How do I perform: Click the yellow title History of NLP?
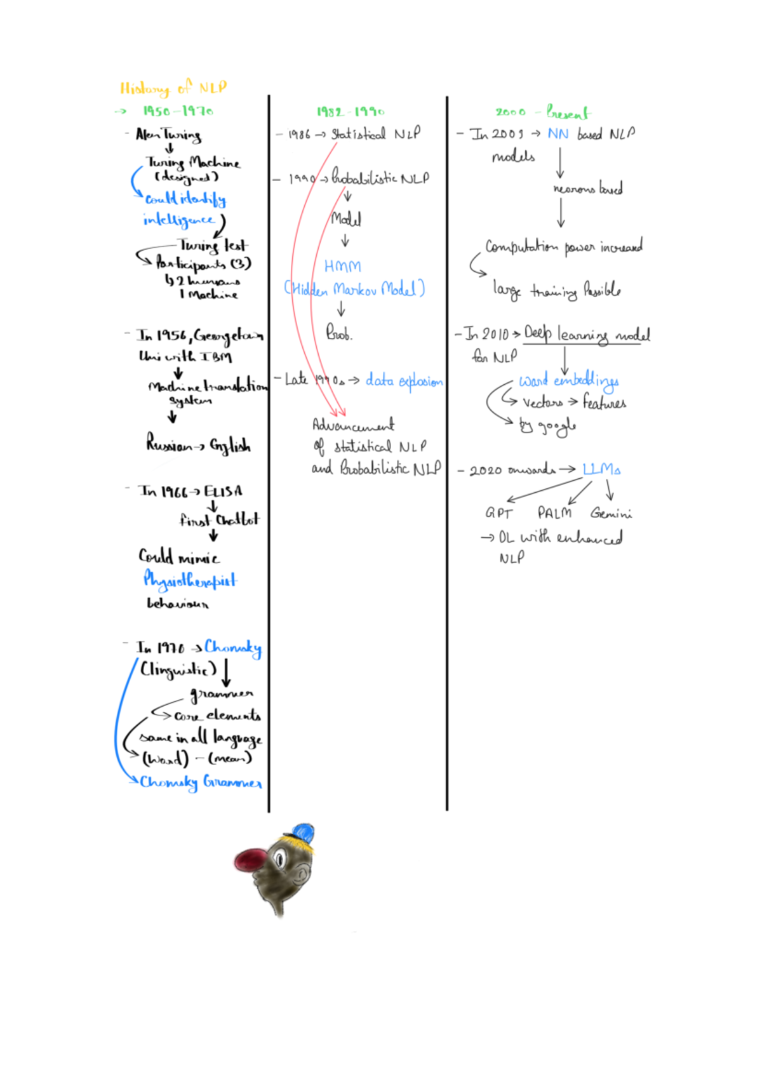tap(173, 88)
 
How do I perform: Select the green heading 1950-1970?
tap(178, 111)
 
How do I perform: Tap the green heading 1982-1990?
tap(351, 112)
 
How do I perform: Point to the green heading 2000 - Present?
tap(542, 112)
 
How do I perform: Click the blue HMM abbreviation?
tap(342, 266)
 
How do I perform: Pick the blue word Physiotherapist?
tap(190, 580)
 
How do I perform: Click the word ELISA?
tap(223, 492)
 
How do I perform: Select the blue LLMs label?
tap(601, 469)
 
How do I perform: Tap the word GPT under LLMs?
tap(498, 512)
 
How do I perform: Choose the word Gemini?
tap(611, 512)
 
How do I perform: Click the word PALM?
tap(554, 512)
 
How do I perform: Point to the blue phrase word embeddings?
tap(569, 381)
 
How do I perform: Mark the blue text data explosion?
tap(404, 381)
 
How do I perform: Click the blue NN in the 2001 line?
tap(558, 134)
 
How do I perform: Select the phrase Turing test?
tap(213, 245)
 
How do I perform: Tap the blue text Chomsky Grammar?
tap(201, 782)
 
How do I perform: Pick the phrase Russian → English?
tap(198, 445)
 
